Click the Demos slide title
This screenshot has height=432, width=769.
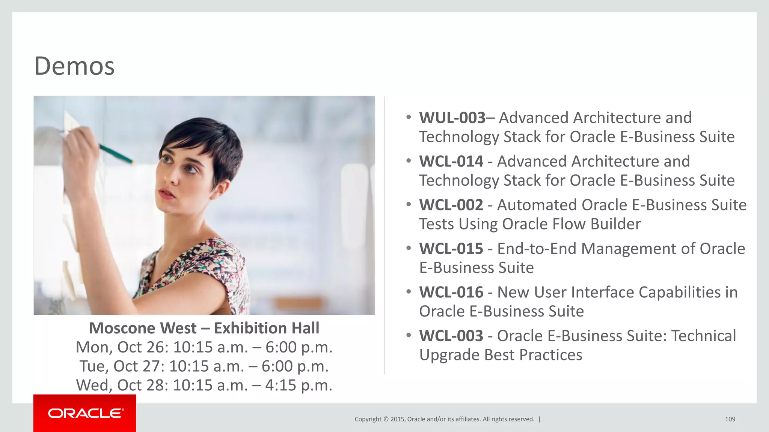(x=74, y=66)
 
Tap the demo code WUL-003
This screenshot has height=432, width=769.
(x=452, y=118)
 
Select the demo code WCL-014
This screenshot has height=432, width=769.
(x=451, y=161)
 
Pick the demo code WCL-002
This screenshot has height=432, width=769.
(x=451, y=205)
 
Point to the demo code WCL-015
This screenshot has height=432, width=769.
(x=451, y=249)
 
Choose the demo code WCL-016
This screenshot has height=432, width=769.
(x=451, y=292)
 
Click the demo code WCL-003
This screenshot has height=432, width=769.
(x=451, y=336)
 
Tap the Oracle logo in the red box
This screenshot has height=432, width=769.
(x=85, y=413)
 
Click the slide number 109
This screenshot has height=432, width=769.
(x=730, y=419)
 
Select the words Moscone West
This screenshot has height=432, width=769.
(x=142, y=328)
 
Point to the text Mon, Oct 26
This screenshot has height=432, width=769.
(x=120, y=347)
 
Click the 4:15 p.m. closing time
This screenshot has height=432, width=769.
(x=299, y=385)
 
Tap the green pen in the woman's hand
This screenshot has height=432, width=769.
(x=116, y=154)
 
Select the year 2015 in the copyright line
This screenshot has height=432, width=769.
(x=397, y=419)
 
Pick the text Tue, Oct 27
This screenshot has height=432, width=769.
(x=120, y=366)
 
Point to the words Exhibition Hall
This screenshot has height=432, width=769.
(x=267, y=328)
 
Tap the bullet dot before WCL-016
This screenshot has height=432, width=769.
(x=409, y=291)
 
